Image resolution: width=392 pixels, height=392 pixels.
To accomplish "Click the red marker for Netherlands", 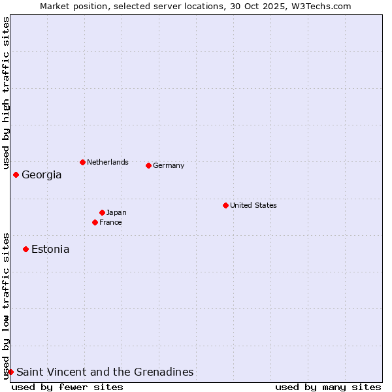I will point(82,162).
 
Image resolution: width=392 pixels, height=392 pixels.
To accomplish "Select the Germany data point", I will point(148,165).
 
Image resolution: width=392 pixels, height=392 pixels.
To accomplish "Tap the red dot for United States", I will point(225,205).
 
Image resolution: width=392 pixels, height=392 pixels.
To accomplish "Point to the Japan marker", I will point(102,212).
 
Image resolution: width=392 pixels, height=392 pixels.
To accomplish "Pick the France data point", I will point(95,222).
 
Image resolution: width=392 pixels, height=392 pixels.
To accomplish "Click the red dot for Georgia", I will point(16,174).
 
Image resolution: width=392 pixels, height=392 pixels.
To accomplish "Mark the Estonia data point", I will point(25,249).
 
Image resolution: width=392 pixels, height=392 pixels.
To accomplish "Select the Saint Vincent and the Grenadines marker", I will point(10,372).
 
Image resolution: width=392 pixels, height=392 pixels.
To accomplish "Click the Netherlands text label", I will point(108,162).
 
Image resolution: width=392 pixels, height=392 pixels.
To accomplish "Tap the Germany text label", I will point(169,165).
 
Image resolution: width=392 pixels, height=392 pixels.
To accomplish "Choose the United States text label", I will point(253,205).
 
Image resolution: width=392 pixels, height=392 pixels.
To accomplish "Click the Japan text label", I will point(116,212).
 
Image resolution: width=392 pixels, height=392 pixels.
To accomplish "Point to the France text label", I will point(110,222).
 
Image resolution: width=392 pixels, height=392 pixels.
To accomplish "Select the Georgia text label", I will point(42,174).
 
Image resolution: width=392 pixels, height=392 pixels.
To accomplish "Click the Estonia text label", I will point(50,249).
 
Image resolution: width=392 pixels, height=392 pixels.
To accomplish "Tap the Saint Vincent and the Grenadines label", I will point(105,372).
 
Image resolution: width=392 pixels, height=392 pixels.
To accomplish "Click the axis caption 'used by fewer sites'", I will point(67,387).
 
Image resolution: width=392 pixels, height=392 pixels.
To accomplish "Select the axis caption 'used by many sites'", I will point(328,387).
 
